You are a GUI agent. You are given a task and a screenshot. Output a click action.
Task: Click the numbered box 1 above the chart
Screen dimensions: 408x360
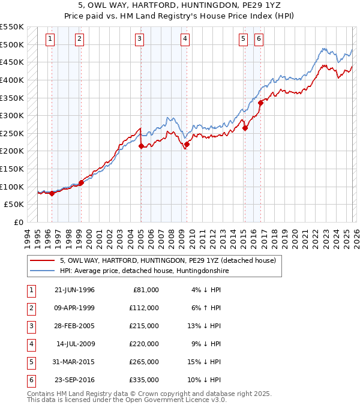(49, 39)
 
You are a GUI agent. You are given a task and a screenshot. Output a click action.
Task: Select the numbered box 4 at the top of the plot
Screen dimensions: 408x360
(185, 39)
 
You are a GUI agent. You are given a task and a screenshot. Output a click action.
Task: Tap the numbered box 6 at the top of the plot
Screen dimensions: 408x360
(259, 39)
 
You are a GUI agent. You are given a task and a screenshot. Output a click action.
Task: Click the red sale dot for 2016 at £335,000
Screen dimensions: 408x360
(260, 103)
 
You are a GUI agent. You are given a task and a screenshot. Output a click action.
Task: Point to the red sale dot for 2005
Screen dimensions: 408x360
(141, 146)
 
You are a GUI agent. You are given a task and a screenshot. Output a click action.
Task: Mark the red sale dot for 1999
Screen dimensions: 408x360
(81, 182)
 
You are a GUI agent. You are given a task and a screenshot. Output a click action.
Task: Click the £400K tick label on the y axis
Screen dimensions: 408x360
(12, 80)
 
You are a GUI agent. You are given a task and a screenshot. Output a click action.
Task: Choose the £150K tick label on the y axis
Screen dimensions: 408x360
(12, 169)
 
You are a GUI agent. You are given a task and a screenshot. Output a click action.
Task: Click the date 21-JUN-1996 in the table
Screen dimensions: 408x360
(74, 290)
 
